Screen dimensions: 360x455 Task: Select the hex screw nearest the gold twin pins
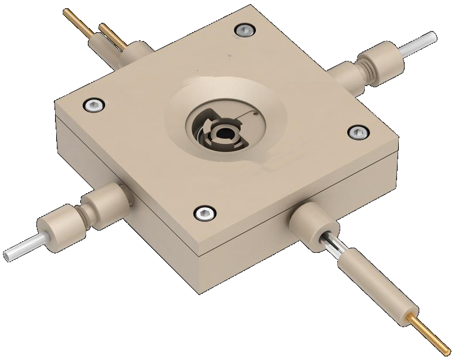coord(93,105)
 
